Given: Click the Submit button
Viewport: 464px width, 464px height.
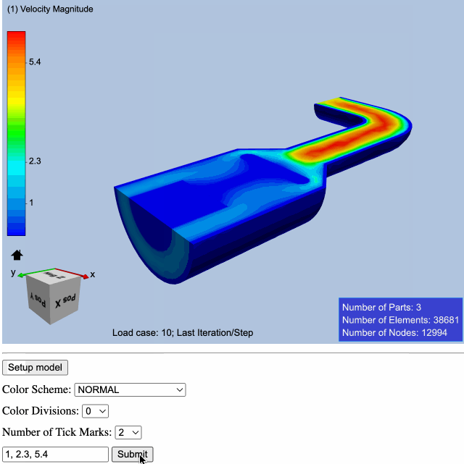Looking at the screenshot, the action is click(132, 454).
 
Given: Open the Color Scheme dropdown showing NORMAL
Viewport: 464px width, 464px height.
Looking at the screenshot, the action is click(130, 389).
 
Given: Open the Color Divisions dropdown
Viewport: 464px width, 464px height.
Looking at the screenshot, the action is click(95, 411).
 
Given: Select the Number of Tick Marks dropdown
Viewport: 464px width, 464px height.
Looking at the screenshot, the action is click(128, 432).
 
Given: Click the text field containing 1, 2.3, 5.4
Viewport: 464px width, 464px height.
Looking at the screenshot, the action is click(55, 454).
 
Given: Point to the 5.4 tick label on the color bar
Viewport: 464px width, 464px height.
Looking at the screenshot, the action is click(35, 62).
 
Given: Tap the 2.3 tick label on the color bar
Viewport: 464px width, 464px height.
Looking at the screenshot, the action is click(35, 161).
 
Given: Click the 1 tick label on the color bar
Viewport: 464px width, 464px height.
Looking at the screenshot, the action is click(31, 203).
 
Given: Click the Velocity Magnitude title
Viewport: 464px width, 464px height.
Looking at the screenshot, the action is click(50, 9).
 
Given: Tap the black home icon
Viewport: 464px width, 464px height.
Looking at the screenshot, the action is click(17, 255).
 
